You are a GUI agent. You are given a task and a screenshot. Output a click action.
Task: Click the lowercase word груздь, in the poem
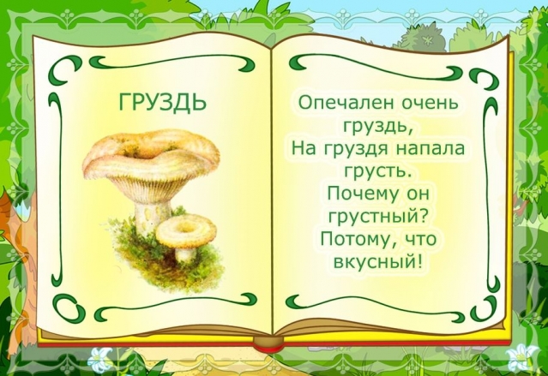pos(382,127)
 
